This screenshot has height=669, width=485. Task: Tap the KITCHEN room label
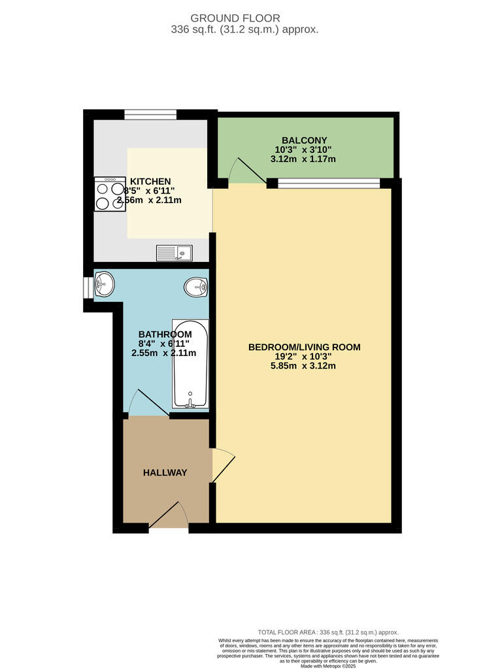(150, 182)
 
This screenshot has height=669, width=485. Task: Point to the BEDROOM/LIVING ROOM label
(304, 347)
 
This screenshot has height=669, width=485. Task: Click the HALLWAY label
(165, 473)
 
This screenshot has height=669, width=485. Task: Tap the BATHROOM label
(164, 334)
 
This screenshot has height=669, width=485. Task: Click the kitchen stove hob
(110, 194)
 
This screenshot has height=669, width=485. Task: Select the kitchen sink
(174, 252)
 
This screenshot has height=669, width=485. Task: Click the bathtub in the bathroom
(190, 364)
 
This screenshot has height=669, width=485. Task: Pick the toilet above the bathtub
(195, 286)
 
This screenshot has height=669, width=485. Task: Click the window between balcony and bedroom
(328, 183)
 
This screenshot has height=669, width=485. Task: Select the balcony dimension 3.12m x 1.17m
(303, 159)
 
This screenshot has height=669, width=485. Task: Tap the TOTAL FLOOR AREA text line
(328, 632)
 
